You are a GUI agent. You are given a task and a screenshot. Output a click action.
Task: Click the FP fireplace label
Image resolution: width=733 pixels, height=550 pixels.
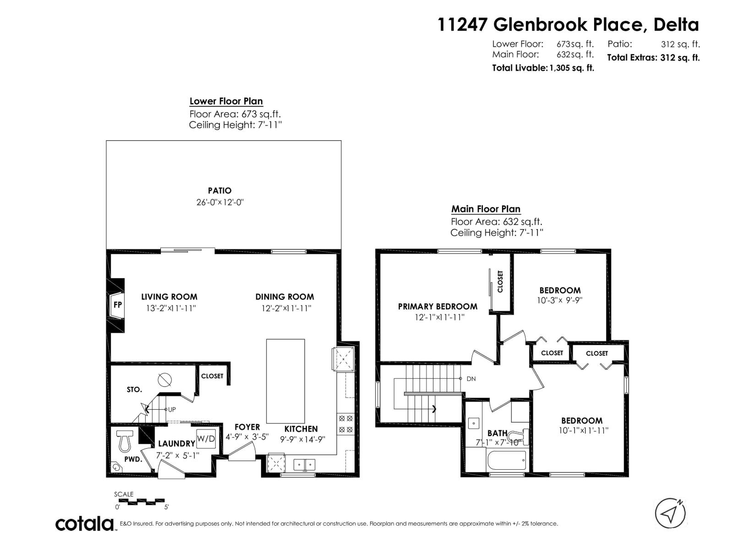(x=117, y=304)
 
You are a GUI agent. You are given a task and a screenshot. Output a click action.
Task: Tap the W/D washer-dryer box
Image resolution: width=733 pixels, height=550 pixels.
(x=206, y=439)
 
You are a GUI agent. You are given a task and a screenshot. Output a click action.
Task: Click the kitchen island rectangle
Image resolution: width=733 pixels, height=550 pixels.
(x=285, y=381)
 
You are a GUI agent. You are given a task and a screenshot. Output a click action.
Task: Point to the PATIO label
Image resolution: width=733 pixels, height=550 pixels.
(x=219, y=191)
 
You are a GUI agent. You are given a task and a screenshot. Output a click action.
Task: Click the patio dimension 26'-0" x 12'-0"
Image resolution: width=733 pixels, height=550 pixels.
(x=220, y=202)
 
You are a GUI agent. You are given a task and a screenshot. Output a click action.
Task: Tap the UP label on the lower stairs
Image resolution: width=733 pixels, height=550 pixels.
(x=171, y=409)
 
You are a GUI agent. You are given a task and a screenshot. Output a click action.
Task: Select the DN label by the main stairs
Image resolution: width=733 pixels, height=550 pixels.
(x=471, y=379)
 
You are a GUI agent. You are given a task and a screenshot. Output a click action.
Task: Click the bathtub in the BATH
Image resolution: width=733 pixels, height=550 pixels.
(x=507, y=459)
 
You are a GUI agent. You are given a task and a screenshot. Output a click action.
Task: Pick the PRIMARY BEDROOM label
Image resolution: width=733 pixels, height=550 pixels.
(x=438, y=306)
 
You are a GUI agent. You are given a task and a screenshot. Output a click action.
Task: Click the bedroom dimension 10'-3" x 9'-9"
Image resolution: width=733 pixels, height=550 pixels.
(x=559, y=301)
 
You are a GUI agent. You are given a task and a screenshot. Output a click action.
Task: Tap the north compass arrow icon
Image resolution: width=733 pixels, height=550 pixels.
(x=670, y=513)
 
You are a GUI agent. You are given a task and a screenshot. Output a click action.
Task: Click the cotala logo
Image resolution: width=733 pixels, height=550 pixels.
(x=85, y=523)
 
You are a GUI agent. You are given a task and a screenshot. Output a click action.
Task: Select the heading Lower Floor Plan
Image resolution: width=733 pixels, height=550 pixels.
(x=226, y=101)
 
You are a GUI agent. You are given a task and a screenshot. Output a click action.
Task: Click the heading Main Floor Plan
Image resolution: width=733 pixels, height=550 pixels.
(x=486, y=209)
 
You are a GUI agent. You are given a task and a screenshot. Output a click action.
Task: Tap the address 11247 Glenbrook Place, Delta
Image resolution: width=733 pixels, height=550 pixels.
(x=568, y=25)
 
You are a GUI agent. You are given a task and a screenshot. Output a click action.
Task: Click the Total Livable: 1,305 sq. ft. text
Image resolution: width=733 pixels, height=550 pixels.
(x=543, y=68)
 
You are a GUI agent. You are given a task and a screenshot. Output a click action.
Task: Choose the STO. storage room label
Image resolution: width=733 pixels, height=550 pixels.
(x=134, y=390)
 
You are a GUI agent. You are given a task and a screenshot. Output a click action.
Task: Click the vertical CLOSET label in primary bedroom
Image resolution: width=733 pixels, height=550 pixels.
(x=500, y=281)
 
